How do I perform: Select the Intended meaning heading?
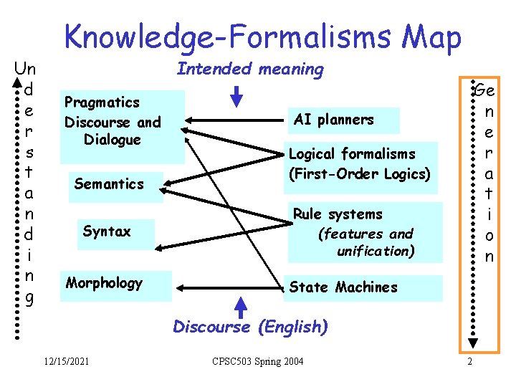click(250, 70)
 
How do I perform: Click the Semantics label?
click(109, 184)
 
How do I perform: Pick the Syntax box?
click(107, 231)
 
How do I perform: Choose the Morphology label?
click(105, 283)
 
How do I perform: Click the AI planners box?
click(333, 120)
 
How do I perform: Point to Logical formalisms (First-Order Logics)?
click(361, 163)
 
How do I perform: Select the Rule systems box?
click(365, 232)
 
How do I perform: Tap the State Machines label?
click(343, 287)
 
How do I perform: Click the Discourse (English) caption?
click(250, 328)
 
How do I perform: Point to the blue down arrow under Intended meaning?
click(237, 95)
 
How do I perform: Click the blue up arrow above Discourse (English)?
click(242, 306)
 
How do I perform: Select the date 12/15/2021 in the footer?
click(66, 361)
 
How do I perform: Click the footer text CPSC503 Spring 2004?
click(257, 361)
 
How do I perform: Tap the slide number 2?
click(469, 361)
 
